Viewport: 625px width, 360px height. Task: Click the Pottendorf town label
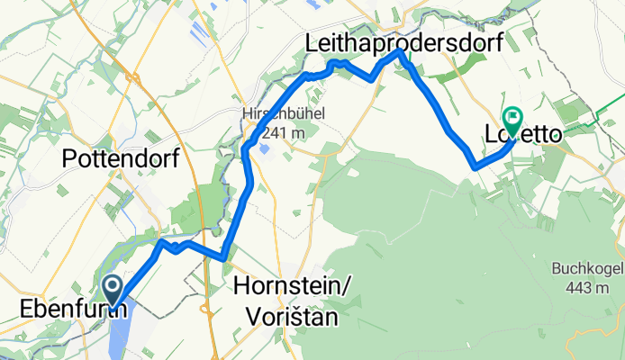(x=121, y=159)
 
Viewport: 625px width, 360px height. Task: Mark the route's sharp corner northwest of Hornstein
(x=222, y=258)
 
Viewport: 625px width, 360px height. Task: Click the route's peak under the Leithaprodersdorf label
(x=402, y=53)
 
